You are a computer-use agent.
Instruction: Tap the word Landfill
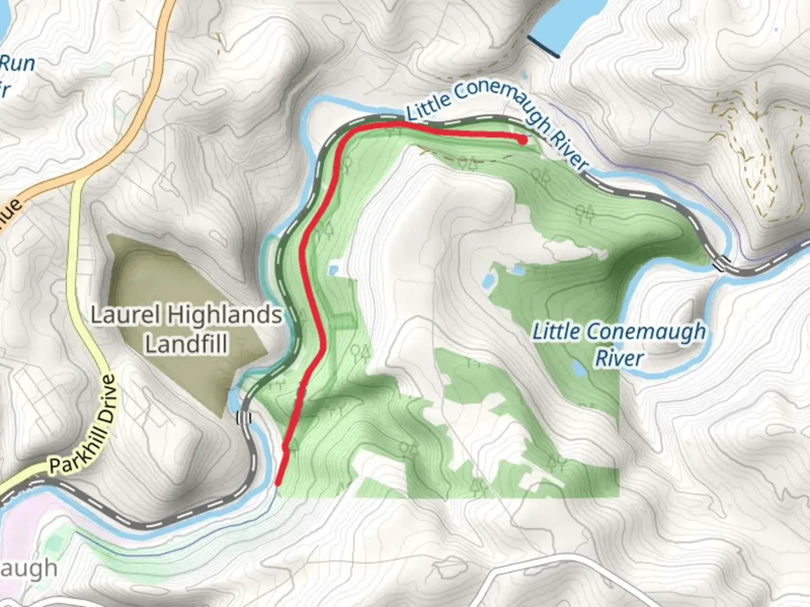click(186, 343)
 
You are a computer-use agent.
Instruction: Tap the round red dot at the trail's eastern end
click(523, 140)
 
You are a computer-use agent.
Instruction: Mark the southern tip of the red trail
click(278, 482)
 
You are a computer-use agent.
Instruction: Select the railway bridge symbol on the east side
click(721, 262)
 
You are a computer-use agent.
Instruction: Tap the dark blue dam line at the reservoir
click(543, 47)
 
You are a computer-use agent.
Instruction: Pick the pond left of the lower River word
click(578, 368)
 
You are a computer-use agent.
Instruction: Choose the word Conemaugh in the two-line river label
click(619, 332)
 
